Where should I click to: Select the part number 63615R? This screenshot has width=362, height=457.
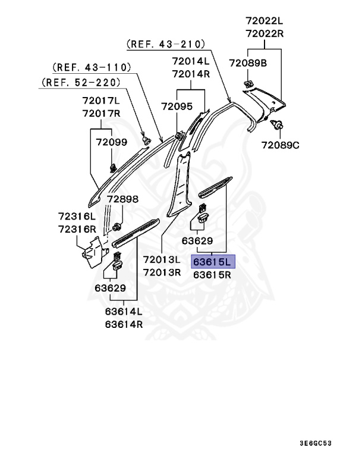(x=213, y=276)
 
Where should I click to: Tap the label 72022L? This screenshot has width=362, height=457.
(x=265, y=21)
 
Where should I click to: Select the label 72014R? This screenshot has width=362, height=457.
(x=191, y=74)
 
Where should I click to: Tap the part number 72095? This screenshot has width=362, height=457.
(x=177, y=107)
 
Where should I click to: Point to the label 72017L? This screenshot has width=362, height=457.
(x=101, y=101)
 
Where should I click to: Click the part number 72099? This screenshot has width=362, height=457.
(x=112, y=142)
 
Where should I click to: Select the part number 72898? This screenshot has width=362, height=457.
(x=122, y=199)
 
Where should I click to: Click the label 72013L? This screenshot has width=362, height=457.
(x=161, y=259)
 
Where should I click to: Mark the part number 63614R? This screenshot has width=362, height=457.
(x=124, y=324)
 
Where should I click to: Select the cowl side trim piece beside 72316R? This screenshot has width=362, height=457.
(x=93, y=251)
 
